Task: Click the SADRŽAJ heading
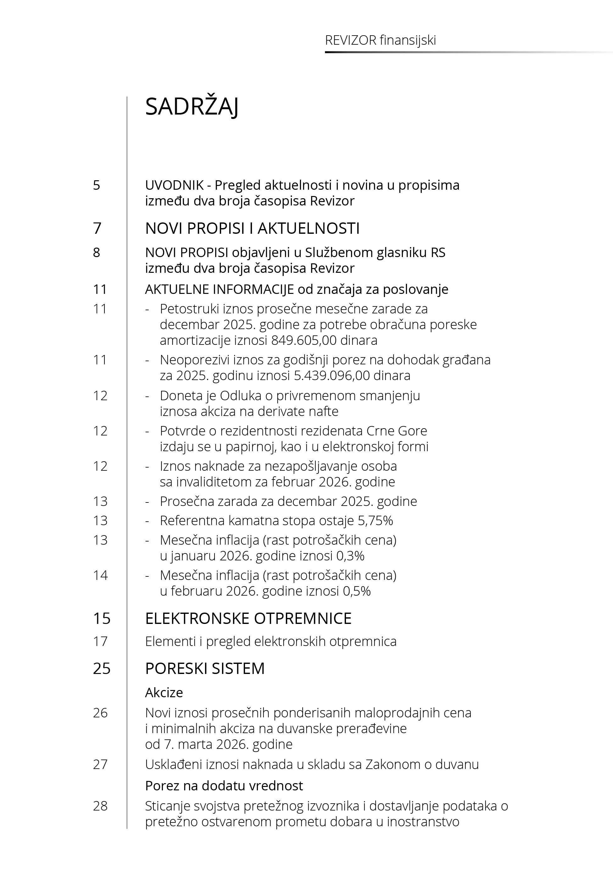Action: click(x=192, y=107)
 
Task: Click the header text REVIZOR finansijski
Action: click(x=380, y=40)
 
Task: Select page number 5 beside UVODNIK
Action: click(x=97, y=185)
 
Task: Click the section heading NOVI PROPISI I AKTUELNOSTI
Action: click(x=252, y=228)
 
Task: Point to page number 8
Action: click(x=97, y=252)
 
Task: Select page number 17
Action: click(x=100, y=641)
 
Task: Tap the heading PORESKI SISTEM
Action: click(x=205, y=668)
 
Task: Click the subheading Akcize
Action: click(x=164, y=692)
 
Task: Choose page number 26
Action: click(x=100, y=713)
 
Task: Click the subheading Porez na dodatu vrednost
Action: click(x=224, y=786)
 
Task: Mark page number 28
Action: click(x=100, y=805)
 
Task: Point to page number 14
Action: click(x=100, y=575)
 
